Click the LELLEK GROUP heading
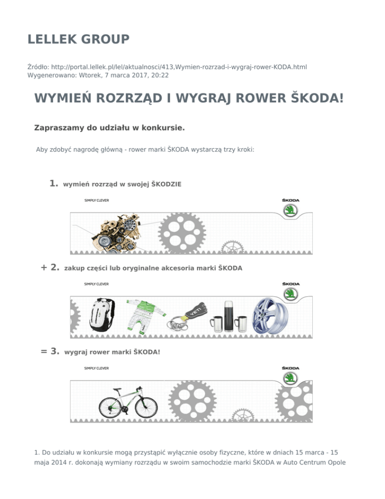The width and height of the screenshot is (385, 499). click(78, 39)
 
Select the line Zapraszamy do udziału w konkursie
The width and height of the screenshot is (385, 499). click(109, 128)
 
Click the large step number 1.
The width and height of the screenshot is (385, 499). click(54, 184)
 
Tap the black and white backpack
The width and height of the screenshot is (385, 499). click(102, 314)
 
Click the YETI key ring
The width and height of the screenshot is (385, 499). click(192, 311)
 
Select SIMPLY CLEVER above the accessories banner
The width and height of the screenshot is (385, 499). click(96, 284)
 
